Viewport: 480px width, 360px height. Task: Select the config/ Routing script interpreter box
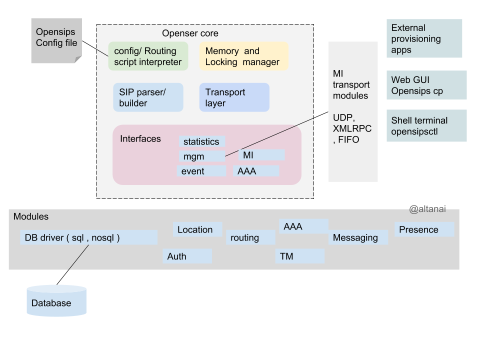148,56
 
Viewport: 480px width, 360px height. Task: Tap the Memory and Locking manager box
243,56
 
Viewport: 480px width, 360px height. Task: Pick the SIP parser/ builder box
148,97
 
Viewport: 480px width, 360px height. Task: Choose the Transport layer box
234,97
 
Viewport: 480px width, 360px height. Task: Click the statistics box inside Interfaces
201,141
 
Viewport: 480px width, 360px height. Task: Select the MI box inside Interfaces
261,155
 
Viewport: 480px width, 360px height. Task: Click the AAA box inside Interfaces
255,171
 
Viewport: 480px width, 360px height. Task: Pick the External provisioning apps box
424,38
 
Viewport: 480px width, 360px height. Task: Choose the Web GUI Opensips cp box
426,85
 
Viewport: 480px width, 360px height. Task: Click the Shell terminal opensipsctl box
426,125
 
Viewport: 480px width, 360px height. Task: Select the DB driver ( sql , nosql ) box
88,237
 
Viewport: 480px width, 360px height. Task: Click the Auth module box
187,256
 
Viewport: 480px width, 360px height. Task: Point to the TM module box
299,256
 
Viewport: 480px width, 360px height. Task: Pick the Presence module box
424,229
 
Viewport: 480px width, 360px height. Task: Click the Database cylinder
56,301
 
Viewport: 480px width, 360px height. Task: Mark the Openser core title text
190,33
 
